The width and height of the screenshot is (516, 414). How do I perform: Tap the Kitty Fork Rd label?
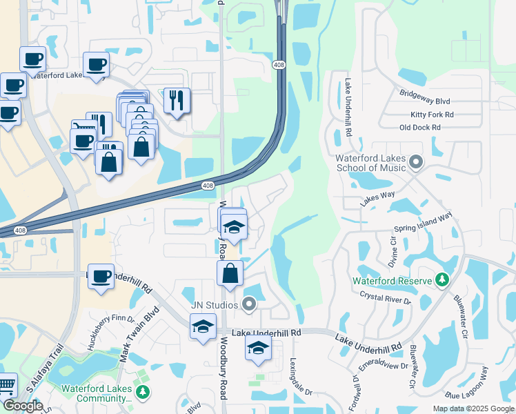431,114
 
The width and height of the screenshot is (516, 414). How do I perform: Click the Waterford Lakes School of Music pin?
415,162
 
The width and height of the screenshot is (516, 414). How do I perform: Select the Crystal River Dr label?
385,297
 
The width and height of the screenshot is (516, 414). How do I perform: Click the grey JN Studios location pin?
249,304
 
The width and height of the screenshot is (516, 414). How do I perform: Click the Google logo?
23,406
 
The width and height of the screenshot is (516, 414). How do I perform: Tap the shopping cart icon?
6,384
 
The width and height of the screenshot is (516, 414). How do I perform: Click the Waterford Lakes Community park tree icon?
143,393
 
